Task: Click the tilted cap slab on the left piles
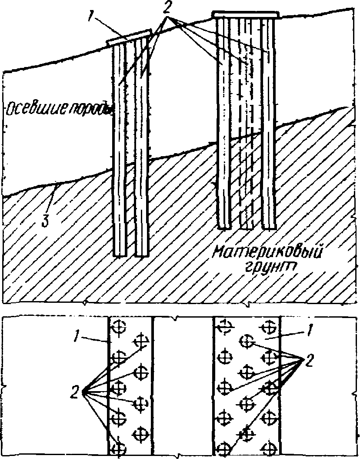tap(129, 38)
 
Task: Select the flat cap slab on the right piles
tap(245, 15)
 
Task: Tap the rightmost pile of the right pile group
tap(268, 122)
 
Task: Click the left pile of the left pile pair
tap(120, 148)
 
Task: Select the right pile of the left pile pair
tap(141, 148)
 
